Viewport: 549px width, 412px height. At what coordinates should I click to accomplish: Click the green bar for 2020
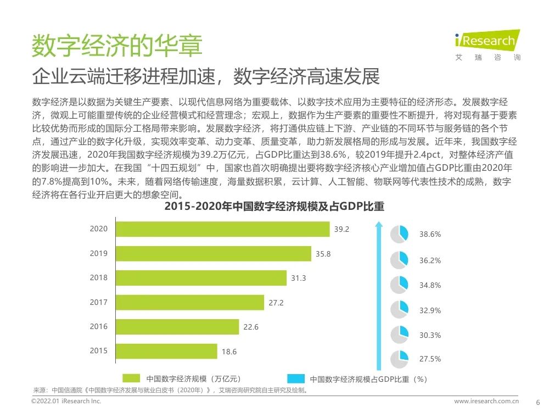[222, 229]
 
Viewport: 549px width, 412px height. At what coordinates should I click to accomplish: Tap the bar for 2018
[201, 278]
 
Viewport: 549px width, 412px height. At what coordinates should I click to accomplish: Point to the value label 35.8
[323, 254]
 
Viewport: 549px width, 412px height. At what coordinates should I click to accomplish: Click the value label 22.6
[251, 327]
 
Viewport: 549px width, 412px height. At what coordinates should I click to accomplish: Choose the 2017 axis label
[99, 302]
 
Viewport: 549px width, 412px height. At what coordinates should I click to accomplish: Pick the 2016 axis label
[99, 326]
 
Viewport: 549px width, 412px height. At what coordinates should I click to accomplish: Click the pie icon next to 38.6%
[399, 234]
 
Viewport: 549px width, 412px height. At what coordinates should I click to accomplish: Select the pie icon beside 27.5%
[399, 359]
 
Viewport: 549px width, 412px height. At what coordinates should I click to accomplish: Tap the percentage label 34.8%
[430, 286]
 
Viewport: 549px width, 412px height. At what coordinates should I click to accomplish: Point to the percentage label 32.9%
[430, 310]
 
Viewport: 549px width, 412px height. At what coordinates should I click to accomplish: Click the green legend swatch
[131, 378]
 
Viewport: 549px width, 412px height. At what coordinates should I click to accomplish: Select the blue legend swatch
[296, 378]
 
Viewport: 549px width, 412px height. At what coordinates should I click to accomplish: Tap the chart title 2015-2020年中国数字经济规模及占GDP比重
[274, 207]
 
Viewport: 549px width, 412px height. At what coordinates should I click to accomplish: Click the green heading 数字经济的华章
[116, 46]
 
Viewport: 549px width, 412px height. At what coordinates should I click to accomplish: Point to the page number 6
[537, 402]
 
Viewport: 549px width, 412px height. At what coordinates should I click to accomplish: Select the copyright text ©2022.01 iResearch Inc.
[66, 402]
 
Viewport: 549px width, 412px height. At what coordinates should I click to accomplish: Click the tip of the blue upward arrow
[378, 224]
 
